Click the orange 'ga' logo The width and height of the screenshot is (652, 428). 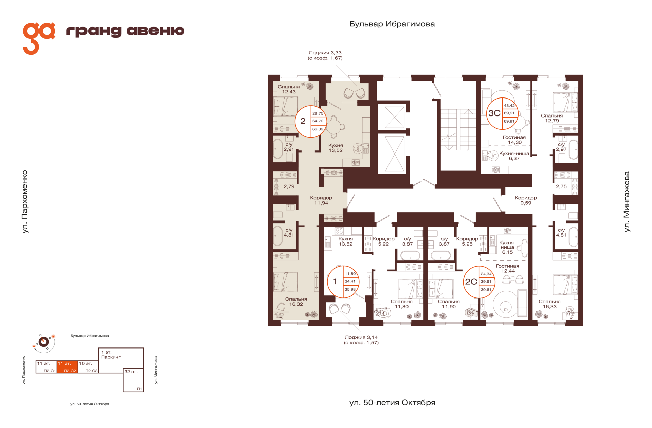click(x=38, y=38)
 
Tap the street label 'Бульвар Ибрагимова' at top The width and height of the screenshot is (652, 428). click(x=392, y=24)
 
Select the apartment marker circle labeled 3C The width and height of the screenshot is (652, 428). click(x=503, y=113)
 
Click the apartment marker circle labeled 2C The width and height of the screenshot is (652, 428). click(x=479, y=282)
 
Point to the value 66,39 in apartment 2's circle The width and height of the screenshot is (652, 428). click(x=318, y=129)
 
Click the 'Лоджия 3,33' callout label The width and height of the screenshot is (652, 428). click(x=325, y=55)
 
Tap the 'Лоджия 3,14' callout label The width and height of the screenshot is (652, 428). click(x=361, y=340)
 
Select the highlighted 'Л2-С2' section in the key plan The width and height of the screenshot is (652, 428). click(x=67, y=367)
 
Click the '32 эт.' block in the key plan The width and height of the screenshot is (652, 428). click(x=133, y=380)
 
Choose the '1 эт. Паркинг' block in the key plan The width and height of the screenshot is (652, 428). click(x=121, y=358)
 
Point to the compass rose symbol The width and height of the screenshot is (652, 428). click(x=44, y=342)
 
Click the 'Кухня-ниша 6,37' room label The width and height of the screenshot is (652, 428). click(x=514, y=156)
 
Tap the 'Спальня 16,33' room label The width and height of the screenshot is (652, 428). click(x=549, y=304)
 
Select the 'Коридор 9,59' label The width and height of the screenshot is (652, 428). click(x=526, y=200)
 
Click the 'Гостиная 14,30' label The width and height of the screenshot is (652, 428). click(x=514, y=140)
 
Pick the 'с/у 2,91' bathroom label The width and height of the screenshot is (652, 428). click(x=289, y=147)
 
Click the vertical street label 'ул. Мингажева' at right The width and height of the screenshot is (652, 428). click(x=627, y=202)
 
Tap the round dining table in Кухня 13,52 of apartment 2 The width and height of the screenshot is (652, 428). click(x=334, y=127)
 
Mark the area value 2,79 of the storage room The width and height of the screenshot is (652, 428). click(x=289, y=186)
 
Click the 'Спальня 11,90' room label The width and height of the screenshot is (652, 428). click(x=449, y=304)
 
